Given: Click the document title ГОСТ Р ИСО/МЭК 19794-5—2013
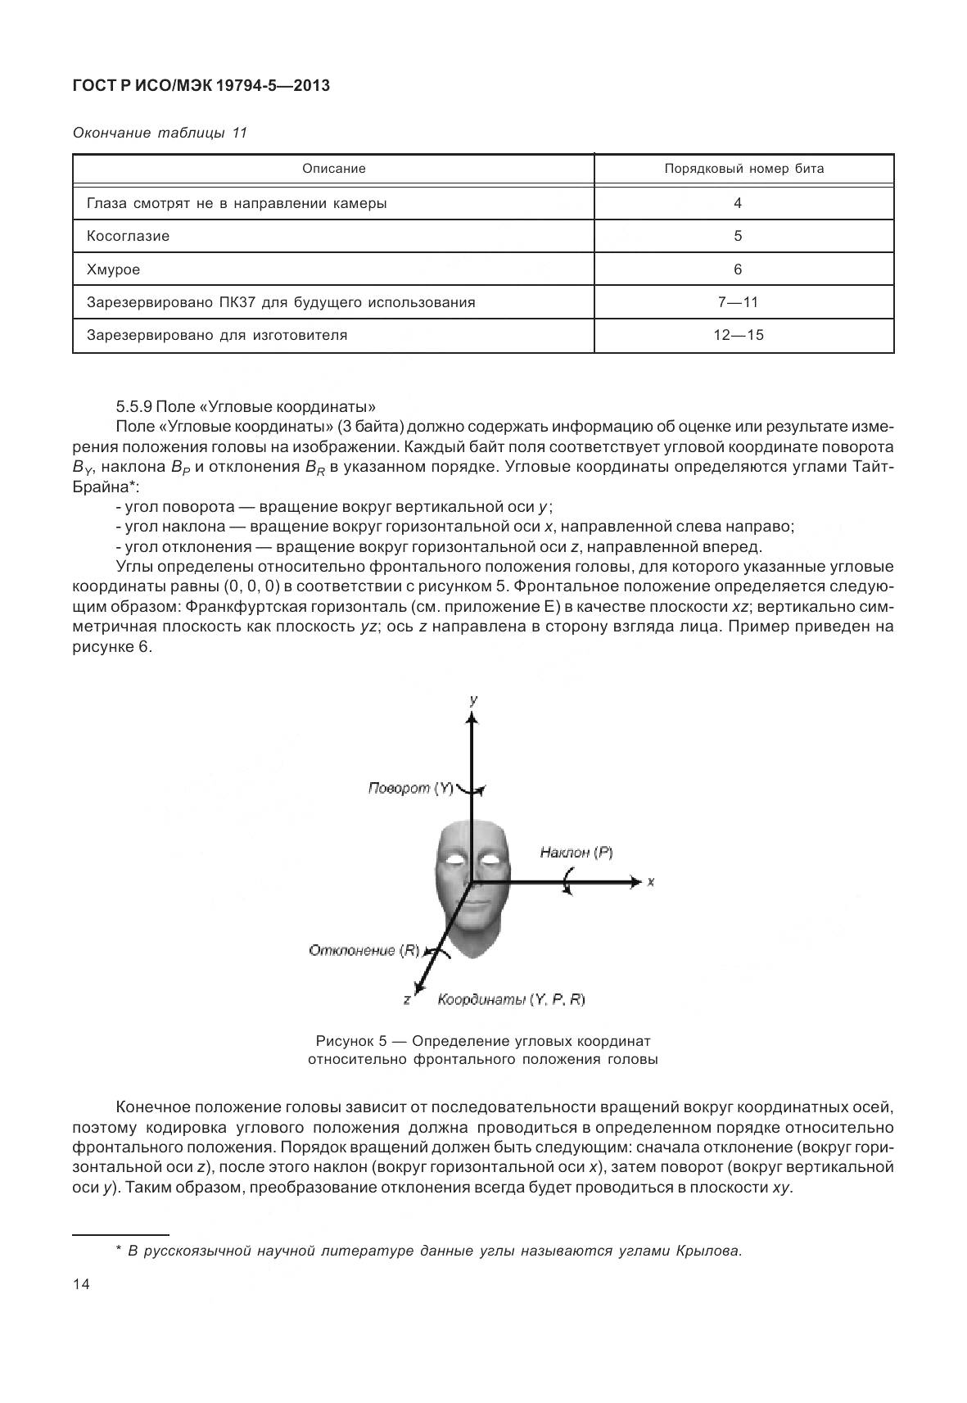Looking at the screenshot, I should click(201, 85).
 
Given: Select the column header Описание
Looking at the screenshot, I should click(333, 169).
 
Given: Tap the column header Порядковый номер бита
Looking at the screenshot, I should click(743, 169).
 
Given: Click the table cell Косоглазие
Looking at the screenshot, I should click(128, 236).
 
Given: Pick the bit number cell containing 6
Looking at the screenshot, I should click(738, 269).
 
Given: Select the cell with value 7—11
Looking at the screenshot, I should click(738, 302).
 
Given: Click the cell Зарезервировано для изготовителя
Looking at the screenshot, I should click(217, 335).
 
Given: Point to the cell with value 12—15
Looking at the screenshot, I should click(738, 335).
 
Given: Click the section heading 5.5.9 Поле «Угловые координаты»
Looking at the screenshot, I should click(246, 406).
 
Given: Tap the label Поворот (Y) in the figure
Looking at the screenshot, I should click(410, 788).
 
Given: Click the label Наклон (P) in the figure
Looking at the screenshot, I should click(576, 853).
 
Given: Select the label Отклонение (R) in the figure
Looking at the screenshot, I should click(364, 950).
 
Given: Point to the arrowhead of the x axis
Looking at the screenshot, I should click(636, 882).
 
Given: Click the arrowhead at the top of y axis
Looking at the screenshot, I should click(471, 717).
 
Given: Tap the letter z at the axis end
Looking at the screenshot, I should click(406, 1000).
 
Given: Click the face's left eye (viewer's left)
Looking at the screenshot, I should click(454, 859).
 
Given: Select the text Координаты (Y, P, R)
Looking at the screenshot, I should click(511, 999).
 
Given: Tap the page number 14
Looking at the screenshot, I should click(81, 1284).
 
